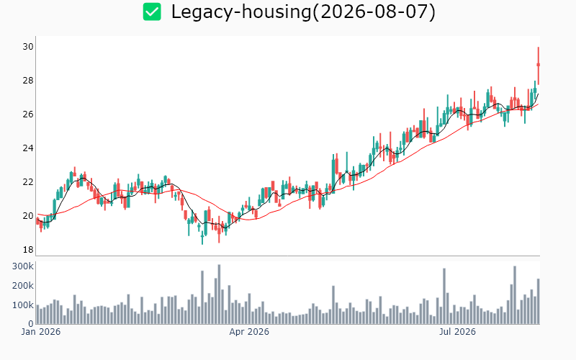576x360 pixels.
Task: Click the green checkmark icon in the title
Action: click(152, 12)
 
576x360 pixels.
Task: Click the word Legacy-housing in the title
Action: click(241, 12)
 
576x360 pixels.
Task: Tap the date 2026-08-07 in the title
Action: click(374, 12)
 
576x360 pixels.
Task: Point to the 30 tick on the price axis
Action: click(28, 47)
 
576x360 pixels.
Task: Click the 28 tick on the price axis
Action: click(28, 81)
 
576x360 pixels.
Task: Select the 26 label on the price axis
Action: click(28, 114)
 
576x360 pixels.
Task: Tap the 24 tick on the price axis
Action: click(28, 148)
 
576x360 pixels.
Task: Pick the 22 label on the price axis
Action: click(28, 182)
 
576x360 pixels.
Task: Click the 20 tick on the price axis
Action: click(28, 215)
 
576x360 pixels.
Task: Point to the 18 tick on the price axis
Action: click(28, 250)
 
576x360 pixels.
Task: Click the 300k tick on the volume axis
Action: click(23, 266)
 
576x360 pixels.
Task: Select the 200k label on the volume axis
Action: click(23, 286)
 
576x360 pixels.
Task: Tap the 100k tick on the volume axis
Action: click(23, 305)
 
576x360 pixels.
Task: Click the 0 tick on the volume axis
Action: click(31, 324)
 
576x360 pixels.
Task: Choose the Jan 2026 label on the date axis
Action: click(41, 332)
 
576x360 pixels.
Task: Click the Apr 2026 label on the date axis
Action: click(249, 332)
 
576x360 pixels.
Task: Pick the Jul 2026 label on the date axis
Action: click(457, 332)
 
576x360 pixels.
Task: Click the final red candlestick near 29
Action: click(538, 65)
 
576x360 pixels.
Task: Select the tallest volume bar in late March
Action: click(219, 294)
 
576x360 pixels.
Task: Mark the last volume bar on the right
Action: click(538, 301)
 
